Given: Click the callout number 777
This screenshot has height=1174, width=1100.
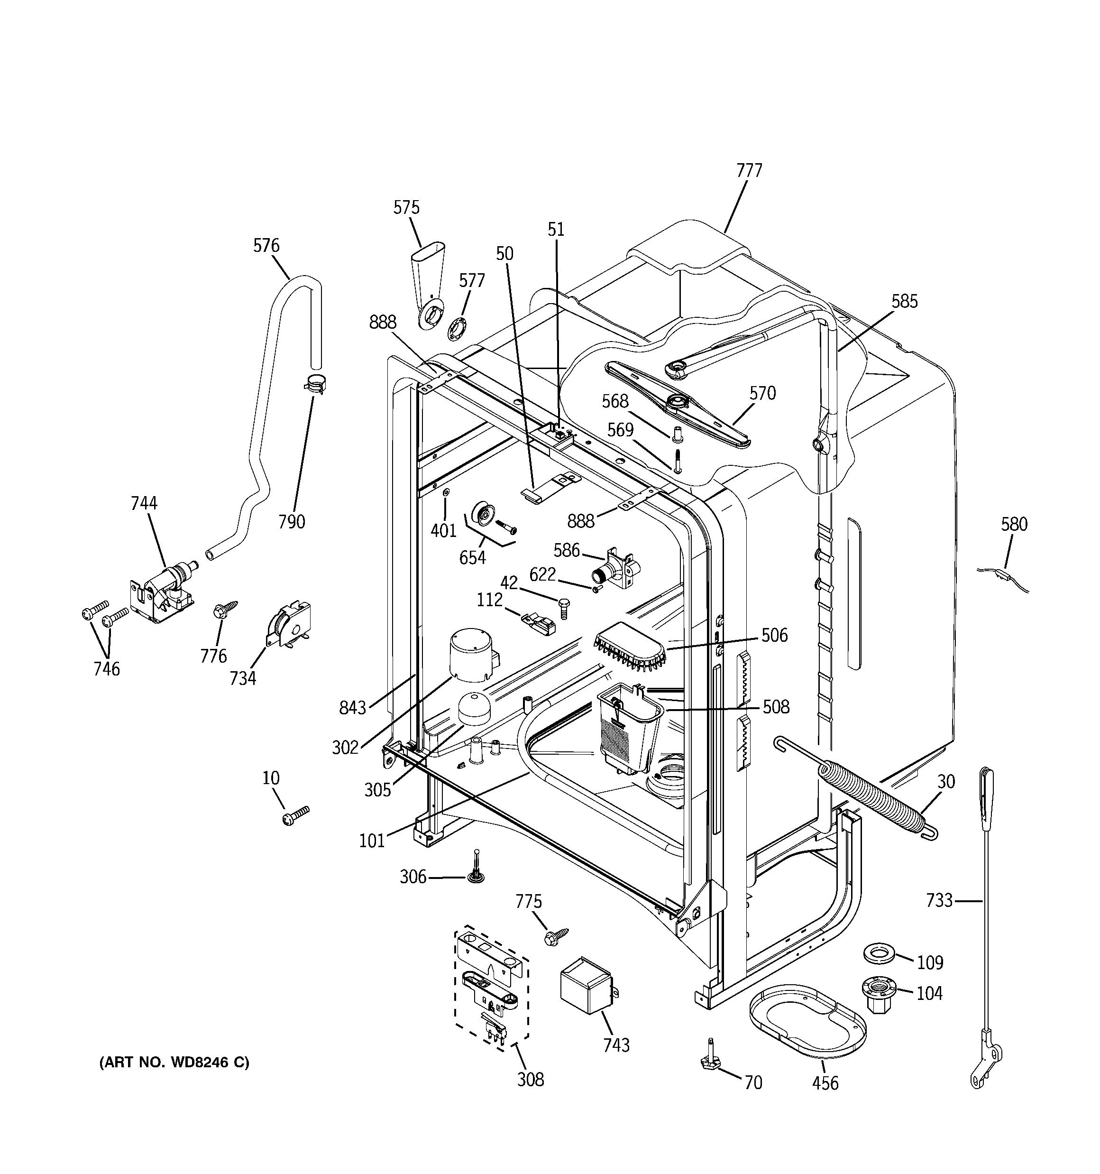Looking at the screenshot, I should tap(749, 171).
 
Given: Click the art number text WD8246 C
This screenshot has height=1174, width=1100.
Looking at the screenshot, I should tap(174, 1063).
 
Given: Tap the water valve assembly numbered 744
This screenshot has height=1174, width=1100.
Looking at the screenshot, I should tap(164, 591).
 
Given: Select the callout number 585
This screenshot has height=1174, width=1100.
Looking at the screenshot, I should tap(905, 302).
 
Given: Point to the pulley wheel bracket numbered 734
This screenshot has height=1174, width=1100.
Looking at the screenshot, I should tap(287, 626).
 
